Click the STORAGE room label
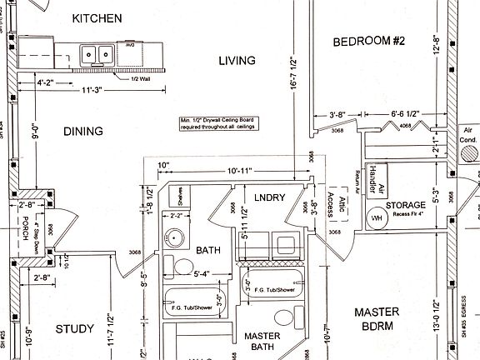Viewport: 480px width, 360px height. click(x=405, y=205)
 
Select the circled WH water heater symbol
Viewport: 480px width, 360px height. click(x=377, y=218)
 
